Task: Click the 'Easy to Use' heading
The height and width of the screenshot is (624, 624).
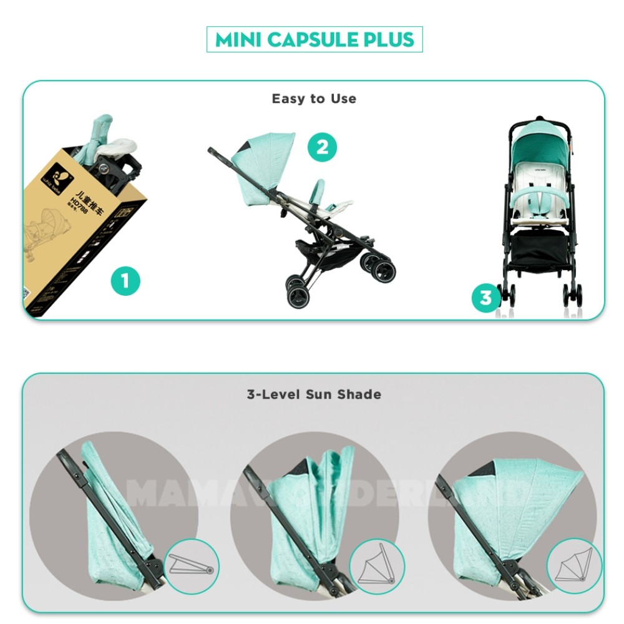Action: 314,99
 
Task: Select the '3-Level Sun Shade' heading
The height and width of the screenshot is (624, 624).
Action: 313,394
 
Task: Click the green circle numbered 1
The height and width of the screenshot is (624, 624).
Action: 125,281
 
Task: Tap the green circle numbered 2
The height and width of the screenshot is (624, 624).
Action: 322,148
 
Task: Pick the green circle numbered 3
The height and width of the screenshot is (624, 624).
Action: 486,298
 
